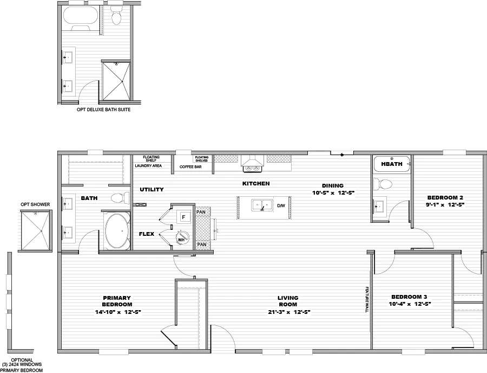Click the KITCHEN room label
pos(255,184)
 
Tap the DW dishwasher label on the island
pos(280,205)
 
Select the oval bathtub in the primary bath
pos(117,231)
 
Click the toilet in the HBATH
pos(385,184)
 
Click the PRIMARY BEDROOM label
pos(117,301)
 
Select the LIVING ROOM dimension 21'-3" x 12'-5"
pos(288,312)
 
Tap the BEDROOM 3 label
pos(410,297)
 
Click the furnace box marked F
pos(183,217)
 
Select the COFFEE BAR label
pos(190,167)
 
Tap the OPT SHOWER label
pos(35,204)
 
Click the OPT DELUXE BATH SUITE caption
pos(103,110)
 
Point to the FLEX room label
pos(147,234)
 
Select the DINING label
pos(332,185)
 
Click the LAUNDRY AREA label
pos(148,166)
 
